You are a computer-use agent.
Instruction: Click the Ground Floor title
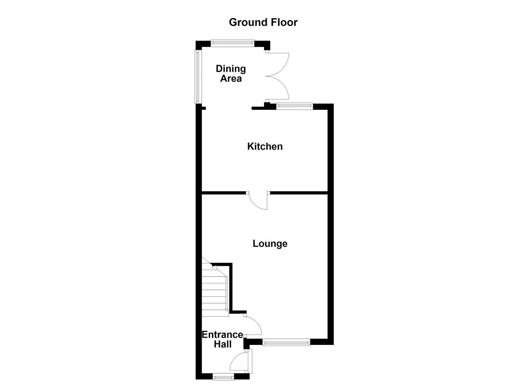point(263,22)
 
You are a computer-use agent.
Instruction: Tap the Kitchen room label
point(265,146)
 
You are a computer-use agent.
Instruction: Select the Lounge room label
point(270,244)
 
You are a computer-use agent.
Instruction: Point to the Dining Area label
point(231,74)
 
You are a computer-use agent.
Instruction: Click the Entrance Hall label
point(222,339)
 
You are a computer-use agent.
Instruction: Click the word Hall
point(223,344)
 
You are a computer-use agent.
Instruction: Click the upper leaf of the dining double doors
point(278,64)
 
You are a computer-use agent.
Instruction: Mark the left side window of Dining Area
point(197,76)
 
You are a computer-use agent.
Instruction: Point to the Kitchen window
point(295,106)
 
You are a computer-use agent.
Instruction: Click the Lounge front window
point(286,342)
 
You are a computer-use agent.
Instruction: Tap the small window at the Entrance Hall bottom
point(223,376)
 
